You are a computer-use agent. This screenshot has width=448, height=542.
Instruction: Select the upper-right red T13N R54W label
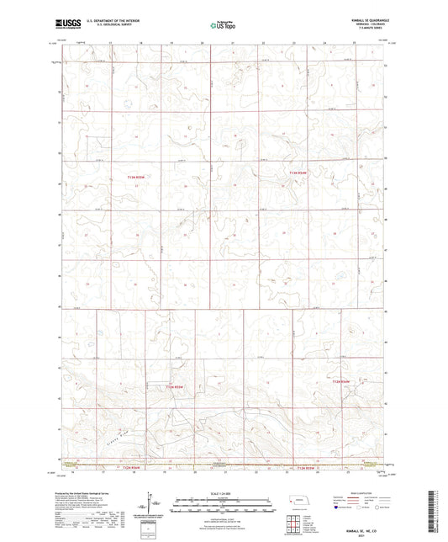click(x=298, y=173)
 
